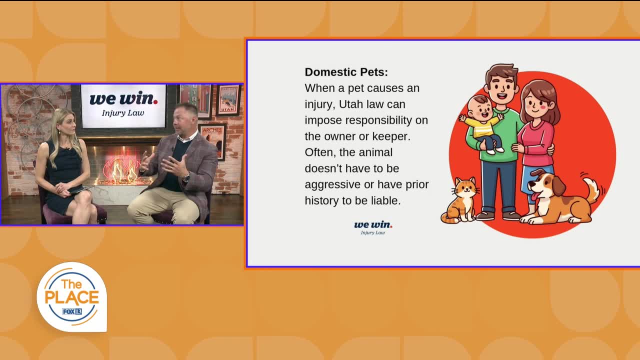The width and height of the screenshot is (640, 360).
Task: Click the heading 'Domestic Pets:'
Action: pos(346,72)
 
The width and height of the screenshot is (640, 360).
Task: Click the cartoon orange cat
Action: pos(460,200)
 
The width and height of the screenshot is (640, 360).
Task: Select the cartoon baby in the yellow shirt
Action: pos(483,123)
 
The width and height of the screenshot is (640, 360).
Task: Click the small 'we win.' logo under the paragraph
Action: pos(373,227)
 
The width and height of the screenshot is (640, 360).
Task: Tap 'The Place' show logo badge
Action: pos(72,297)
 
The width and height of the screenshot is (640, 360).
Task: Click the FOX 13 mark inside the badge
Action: pos(72,311)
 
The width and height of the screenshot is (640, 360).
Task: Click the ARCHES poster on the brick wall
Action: pos(212,141)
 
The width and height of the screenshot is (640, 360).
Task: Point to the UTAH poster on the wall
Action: pos(228,100)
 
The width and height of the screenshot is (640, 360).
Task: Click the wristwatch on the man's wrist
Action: pos(186,177)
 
